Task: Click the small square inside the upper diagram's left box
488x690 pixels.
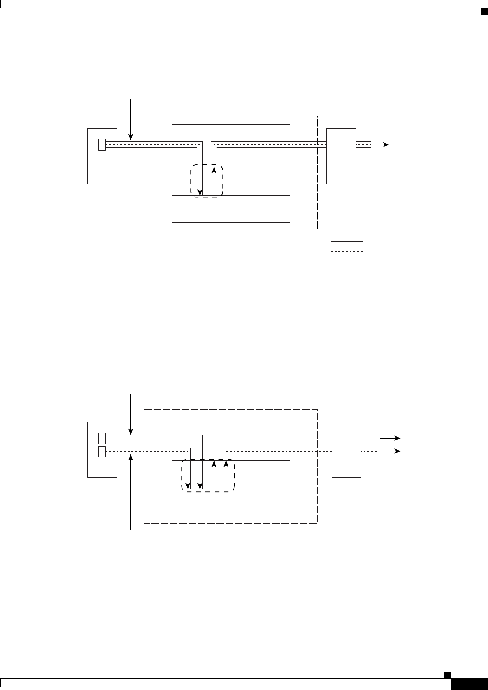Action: (102, 145)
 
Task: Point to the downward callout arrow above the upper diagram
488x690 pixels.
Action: (131, 119)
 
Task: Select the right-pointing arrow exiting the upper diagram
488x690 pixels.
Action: (382, 145)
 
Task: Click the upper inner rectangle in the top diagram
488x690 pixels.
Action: (231, 132)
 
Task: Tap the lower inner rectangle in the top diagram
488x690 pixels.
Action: (231, 209)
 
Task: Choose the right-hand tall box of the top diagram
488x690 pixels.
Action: (341, 156)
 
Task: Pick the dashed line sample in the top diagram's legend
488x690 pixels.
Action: (346, 251)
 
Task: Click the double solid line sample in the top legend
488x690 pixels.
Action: (346, 239)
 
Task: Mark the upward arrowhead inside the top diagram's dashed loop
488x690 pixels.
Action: (214, 170)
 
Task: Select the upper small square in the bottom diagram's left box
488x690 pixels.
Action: (102, 438)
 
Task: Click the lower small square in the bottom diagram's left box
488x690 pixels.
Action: (102, 451)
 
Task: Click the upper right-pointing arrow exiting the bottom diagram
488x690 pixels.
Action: (390, 438)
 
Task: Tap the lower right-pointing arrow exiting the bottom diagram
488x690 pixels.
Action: (390, 451)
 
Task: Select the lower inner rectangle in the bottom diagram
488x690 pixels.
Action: (231, 502)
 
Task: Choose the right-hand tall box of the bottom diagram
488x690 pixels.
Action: (346, 449)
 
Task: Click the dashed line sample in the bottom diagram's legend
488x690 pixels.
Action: (337, 555)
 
